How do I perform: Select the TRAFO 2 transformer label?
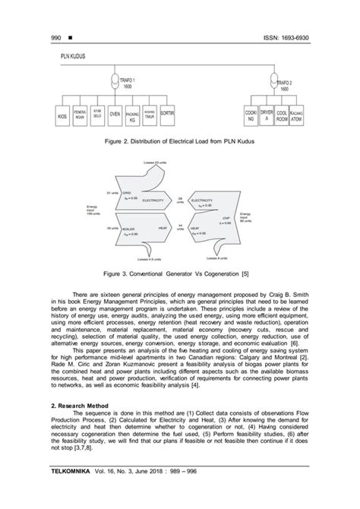[286, 85]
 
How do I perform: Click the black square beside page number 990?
[49, 38]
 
